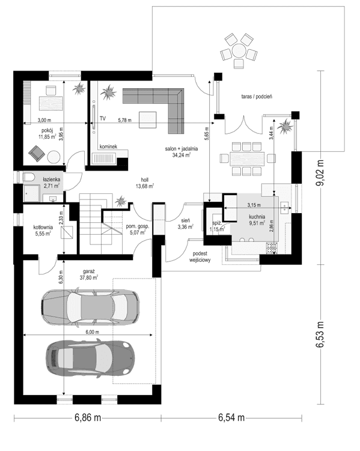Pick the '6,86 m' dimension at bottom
click(87, 417)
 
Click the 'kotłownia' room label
click(43, 227)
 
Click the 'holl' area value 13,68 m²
click(144, 186)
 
